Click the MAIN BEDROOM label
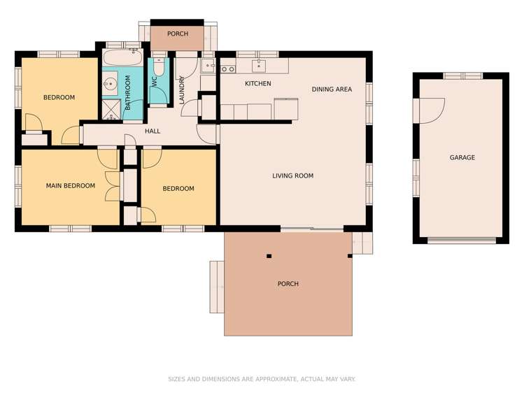(71, 185)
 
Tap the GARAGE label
(462, 157)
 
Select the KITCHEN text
(258, 83)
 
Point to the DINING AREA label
(332, 89)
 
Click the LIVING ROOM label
(293, 176)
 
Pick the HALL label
(153, 131)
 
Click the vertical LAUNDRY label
(182, 90)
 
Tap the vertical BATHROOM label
(127, 93)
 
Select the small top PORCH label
(178, 34)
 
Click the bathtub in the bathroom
(122, 57)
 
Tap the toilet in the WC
(159, 66)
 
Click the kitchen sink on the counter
(259, 65)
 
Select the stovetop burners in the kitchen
(228, 69)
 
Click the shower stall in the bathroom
(111, 110)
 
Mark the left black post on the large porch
(269, 256)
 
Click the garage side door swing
(432, 110)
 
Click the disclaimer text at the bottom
(262, 379)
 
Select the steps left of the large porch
(217, 287)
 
